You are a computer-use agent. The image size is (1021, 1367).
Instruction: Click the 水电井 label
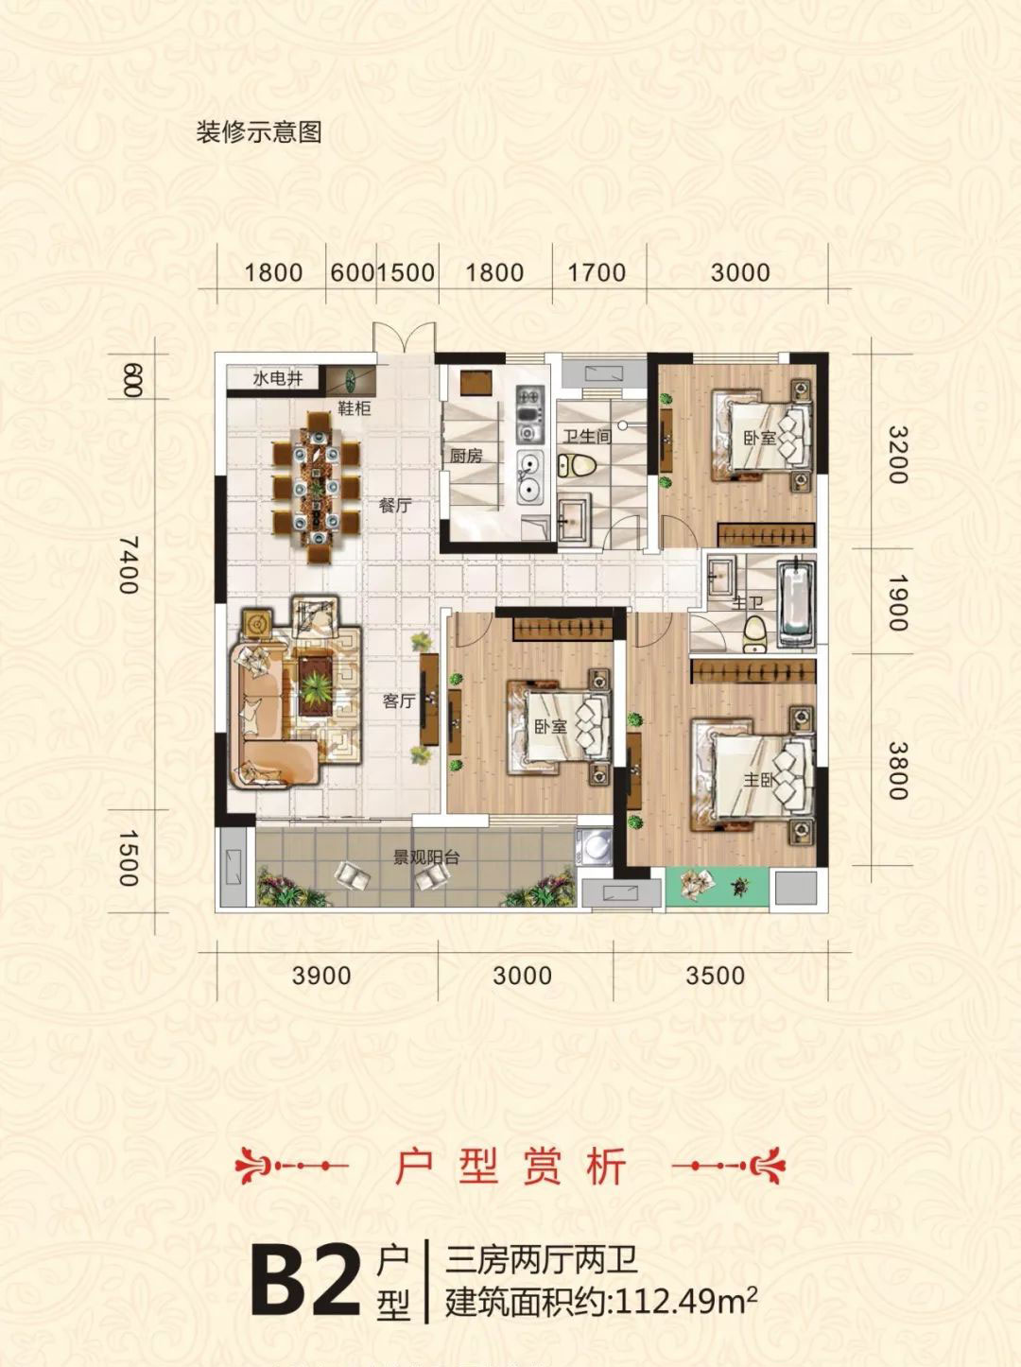point(278,379)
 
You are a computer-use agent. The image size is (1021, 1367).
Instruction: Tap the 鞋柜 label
point(354,408)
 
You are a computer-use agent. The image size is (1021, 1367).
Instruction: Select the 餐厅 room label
point(394,505)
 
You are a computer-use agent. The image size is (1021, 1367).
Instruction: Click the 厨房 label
point(466,456)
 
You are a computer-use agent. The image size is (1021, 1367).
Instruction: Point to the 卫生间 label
point(587,437)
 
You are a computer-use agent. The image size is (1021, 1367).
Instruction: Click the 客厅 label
point(399,701)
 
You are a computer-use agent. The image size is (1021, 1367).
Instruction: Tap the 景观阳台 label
point(426,858)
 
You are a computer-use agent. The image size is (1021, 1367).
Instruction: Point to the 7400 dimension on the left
point(129,564)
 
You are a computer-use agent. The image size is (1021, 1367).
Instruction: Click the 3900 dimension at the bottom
point(320,976)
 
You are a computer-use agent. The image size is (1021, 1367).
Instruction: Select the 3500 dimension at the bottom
point(715,976)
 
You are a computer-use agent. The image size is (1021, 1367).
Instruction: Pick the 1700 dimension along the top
point(597,273)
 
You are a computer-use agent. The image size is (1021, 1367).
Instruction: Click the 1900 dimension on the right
point(896,601)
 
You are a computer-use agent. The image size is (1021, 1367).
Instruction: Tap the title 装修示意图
point(259,132)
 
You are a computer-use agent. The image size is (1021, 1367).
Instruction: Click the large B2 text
point(304,1280)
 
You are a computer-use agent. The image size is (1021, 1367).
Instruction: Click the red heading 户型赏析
point(510,1167)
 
